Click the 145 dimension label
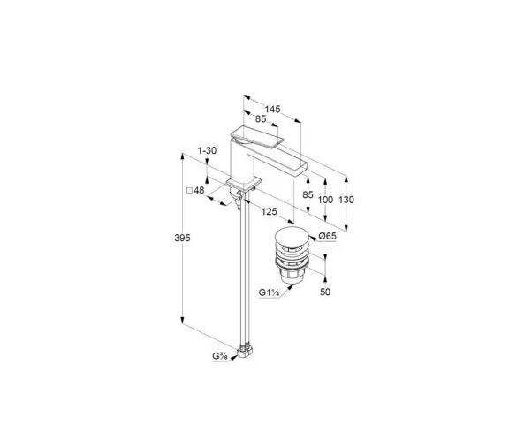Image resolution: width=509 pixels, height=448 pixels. (x=272, y=109)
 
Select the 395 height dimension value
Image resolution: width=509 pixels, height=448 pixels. (x=182, y=238)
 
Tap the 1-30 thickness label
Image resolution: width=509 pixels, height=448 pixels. (x=207, y=150)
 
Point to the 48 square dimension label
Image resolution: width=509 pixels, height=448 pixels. (x=199, y=190)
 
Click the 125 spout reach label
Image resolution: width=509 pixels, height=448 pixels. (x=270, y=212)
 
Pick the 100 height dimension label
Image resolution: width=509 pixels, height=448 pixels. (x=325, y=200)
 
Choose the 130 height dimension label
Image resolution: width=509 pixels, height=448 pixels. (x=346, y=200)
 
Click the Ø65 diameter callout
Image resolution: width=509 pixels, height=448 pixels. (x=327, y=236)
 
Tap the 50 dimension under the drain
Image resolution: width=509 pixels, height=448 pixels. (x=325, y=292)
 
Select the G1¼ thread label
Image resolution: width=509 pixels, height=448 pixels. (x=270, y=292)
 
